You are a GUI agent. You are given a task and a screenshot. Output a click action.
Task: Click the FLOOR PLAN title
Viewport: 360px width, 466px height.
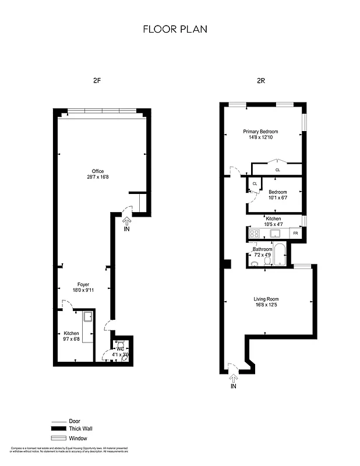[175, 29]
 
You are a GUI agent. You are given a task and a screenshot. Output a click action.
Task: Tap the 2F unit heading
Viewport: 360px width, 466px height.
[97, 82]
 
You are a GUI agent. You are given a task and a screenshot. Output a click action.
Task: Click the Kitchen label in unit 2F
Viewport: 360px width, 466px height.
[72, 333]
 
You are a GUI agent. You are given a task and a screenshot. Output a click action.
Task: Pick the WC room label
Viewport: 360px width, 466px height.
[120, 348]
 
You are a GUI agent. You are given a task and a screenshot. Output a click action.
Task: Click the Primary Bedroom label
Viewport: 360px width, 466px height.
[260, 132]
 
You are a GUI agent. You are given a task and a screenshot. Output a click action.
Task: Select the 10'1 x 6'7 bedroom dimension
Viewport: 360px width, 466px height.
[277, 198]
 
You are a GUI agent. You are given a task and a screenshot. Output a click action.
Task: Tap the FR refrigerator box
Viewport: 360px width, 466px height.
[296, 234]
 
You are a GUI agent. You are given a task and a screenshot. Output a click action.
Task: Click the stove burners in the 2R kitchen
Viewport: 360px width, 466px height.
[254, 234]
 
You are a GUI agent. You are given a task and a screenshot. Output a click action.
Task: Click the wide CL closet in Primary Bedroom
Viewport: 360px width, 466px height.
[277, 170]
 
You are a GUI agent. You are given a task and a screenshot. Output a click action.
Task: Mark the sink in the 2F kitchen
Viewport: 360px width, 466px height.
[88, 317]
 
